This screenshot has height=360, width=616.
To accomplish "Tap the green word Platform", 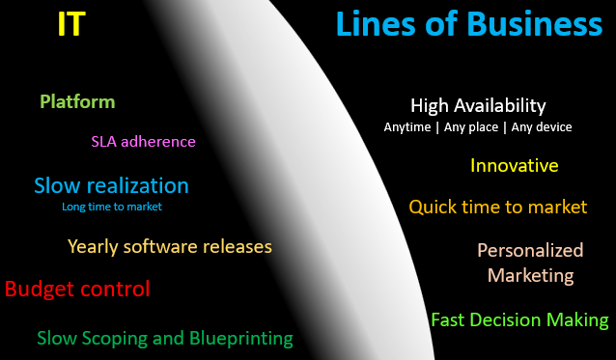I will [77, 101].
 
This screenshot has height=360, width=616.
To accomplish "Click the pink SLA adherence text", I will [143, 141].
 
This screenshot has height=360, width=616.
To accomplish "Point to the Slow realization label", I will [111, 185].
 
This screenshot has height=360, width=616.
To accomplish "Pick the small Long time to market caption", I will [112, 207].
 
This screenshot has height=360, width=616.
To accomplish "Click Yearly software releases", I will [170, 246].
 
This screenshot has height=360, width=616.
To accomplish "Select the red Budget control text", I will [77, 288].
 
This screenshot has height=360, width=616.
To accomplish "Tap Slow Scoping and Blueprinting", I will [165, 338].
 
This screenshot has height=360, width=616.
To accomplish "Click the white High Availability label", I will [478, 105].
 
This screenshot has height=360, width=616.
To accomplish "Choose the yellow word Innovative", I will [514, 165].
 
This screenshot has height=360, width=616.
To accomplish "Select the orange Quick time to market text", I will [497, 207].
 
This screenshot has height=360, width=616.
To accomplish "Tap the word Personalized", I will [530, 250].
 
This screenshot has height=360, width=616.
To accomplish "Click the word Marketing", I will [530, 275].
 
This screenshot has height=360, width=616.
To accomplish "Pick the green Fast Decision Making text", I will [519, 319].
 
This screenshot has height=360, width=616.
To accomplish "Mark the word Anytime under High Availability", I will [406, 127].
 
